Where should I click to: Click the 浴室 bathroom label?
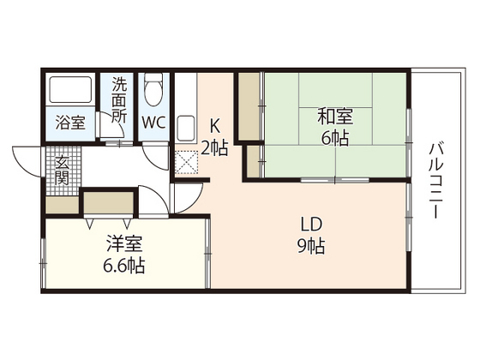click(x=71, y=122)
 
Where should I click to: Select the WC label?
click(x=154, y=122)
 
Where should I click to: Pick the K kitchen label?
click(x=215, y=123)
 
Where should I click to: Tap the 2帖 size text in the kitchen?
click(x=215, y=148)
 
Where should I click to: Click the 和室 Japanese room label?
click(x=335, y=116)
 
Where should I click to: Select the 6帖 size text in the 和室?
click(x=335, y=139)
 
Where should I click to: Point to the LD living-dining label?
click(x=311, y=225)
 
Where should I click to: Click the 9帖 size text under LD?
click(x=311, y=249)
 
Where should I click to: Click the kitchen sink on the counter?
click(x=186, y=129)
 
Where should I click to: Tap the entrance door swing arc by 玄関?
click(x=23, y=163)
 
